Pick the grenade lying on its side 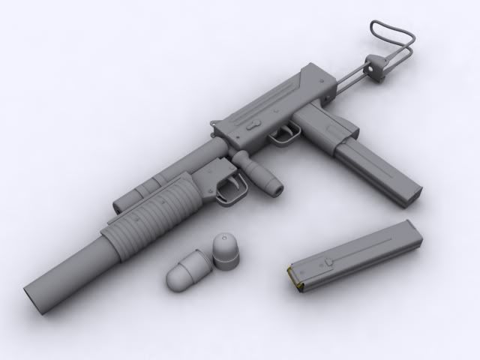click(x=184, y=274)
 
